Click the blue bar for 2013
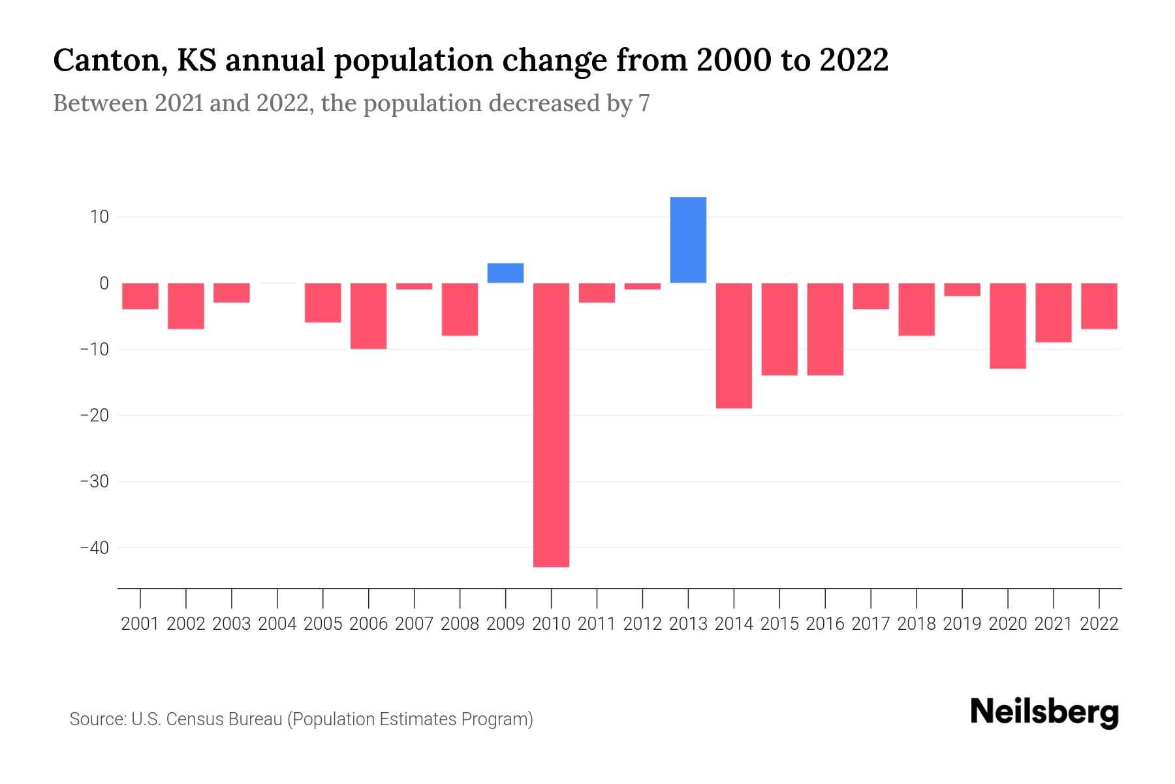[688, 240]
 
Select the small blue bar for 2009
[505, 273]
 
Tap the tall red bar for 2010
[551, 425]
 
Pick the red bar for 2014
[734, 346]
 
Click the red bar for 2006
[369, 316]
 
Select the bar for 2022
[1099, 306]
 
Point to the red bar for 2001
[140, 296]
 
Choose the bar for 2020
[1008, 325]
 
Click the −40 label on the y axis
[94, 547]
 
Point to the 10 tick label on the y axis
[99, 217]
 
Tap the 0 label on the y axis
[104, 283]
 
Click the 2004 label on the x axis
[277, 624]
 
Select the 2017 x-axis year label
[871, 624]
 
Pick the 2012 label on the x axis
[642, 624]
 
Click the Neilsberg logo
[1044, 712]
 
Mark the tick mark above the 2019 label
[962, 598]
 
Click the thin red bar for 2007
[415, 286]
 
